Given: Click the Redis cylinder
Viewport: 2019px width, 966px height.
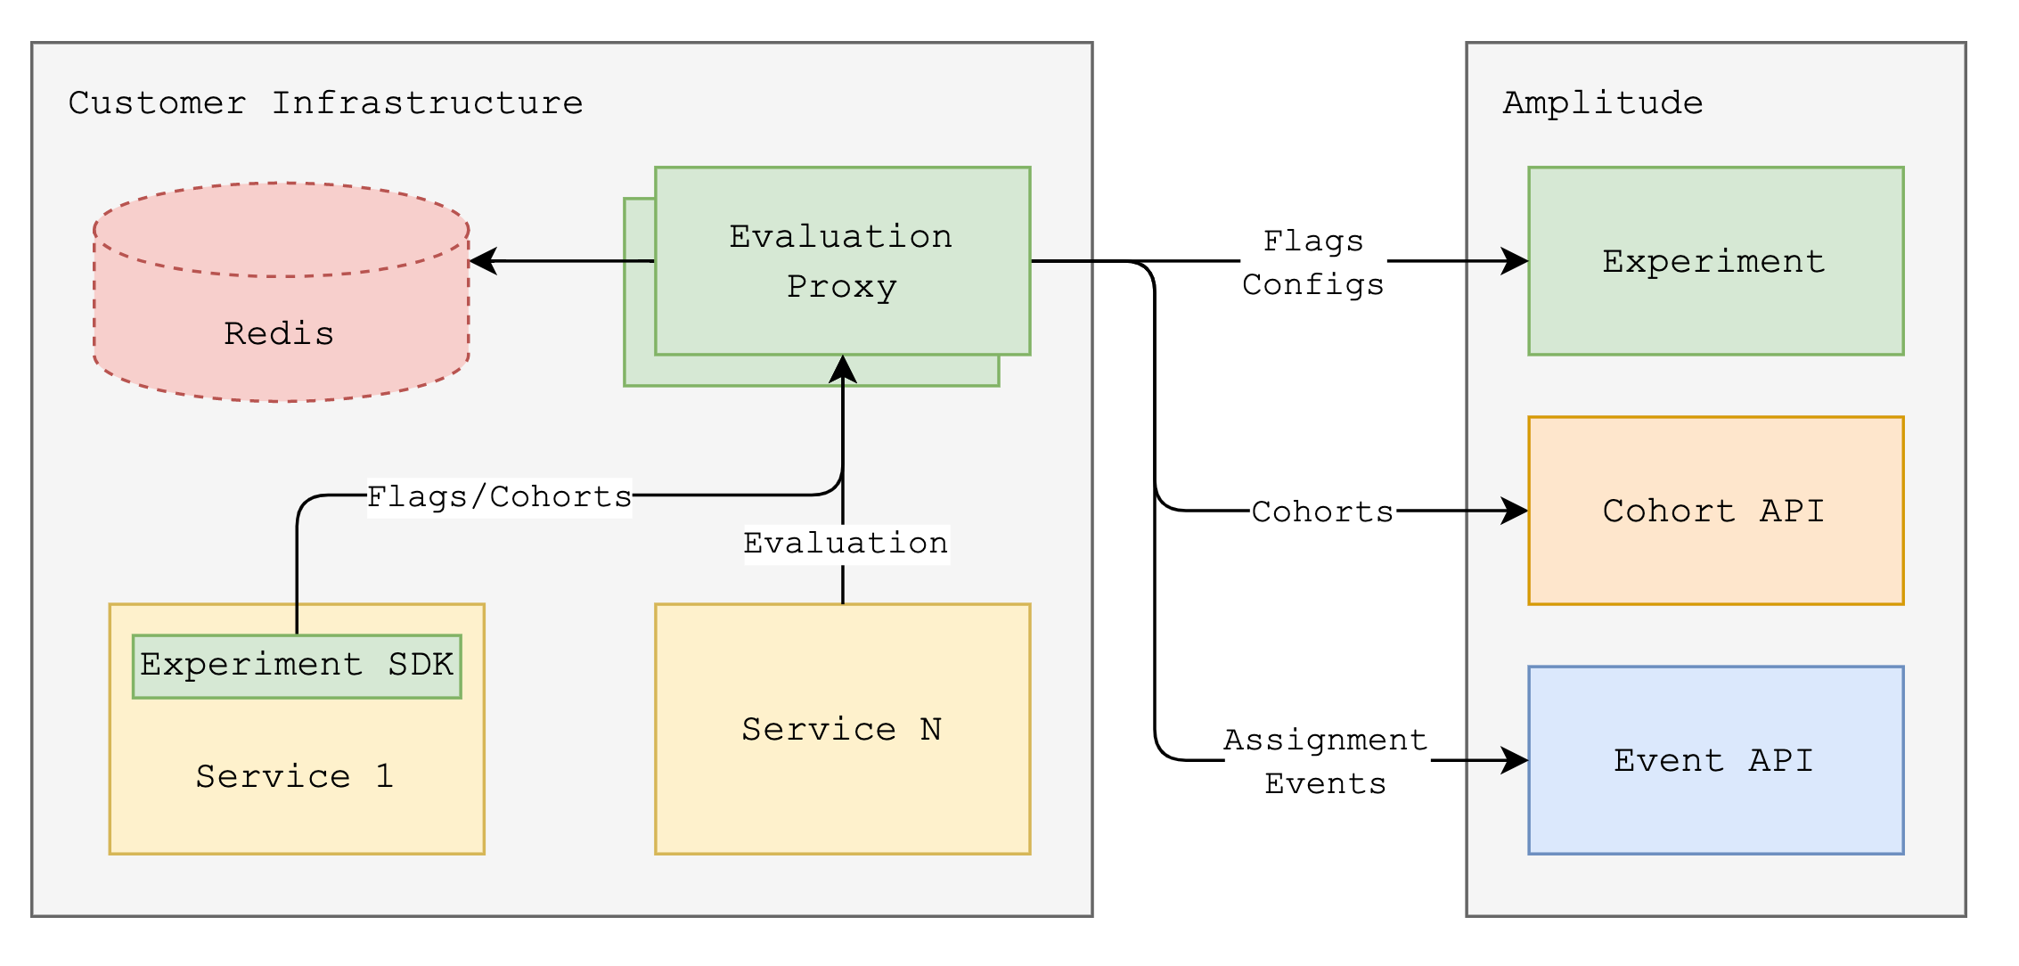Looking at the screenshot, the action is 282,292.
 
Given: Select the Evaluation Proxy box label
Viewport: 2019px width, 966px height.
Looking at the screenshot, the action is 841,261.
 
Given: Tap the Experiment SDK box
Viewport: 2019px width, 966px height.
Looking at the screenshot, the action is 297,667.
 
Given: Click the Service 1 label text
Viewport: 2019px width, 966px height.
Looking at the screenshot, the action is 295,776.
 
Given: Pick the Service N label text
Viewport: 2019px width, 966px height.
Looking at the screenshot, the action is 841,729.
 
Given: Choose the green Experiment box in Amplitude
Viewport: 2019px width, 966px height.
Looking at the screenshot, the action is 1716,261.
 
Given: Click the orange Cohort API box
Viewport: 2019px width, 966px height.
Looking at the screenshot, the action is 1716,511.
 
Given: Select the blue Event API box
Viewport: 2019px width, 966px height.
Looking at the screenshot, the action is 1716,760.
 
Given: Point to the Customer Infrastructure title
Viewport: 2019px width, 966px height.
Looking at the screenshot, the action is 326,103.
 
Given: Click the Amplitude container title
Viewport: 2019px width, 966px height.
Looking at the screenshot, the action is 1603,103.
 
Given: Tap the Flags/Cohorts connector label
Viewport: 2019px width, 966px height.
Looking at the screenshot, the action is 499,496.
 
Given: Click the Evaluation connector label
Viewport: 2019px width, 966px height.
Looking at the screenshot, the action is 846,543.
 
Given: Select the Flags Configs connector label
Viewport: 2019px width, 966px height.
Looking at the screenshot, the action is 1313,262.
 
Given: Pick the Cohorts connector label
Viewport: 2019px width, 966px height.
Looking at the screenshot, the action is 1322,512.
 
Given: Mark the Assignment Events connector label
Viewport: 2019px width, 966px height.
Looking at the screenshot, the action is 1326,761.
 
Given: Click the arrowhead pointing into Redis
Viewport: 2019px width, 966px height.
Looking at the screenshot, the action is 482,261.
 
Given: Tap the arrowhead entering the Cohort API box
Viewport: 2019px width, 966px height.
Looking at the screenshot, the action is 1515,511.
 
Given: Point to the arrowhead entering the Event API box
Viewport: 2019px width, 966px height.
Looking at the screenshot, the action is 1515,760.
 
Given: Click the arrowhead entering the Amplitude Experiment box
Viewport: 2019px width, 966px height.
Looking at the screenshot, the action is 1515,261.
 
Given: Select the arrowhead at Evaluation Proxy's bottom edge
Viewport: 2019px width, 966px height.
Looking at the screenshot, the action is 843,369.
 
